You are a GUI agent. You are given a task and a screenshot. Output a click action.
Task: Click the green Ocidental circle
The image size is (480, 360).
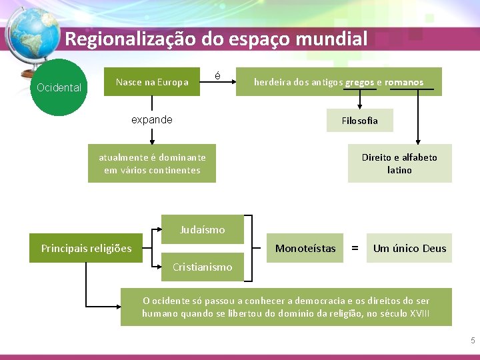[x=59, y=87]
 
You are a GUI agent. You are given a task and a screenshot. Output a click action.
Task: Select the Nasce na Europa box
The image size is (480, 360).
[x=152, y=82]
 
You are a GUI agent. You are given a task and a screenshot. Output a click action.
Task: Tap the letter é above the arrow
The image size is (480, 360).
[x=218, y=76]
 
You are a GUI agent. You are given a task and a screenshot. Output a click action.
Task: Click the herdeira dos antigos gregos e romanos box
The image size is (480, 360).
[x=339, y=82]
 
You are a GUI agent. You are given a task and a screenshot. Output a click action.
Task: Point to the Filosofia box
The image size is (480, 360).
[x=359, y=121]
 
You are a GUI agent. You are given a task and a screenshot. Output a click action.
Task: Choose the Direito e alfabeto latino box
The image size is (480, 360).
[x=399, y=163]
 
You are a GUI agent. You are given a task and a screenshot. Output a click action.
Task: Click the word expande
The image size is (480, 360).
[x=152, y=120]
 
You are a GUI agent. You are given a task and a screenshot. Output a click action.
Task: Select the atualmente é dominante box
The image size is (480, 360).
[x=152, y=163]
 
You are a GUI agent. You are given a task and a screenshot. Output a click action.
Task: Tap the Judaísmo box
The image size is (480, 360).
[x=203, y=230]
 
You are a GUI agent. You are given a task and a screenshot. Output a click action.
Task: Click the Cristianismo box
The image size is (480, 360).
[x=203, y=267]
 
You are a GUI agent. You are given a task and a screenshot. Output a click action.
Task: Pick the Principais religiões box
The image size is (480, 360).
[x=87, y=249]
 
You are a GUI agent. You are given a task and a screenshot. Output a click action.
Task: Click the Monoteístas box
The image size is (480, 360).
[x=305, y=249]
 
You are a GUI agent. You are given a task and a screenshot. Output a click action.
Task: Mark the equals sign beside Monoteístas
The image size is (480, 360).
[x=355, y=249]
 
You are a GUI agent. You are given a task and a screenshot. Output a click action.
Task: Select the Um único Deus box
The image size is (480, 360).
[x=409, y=249]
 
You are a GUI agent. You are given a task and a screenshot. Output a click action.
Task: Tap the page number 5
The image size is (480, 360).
[x=473, y=341]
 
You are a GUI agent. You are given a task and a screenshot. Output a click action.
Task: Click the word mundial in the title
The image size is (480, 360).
[x=331, y=39]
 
